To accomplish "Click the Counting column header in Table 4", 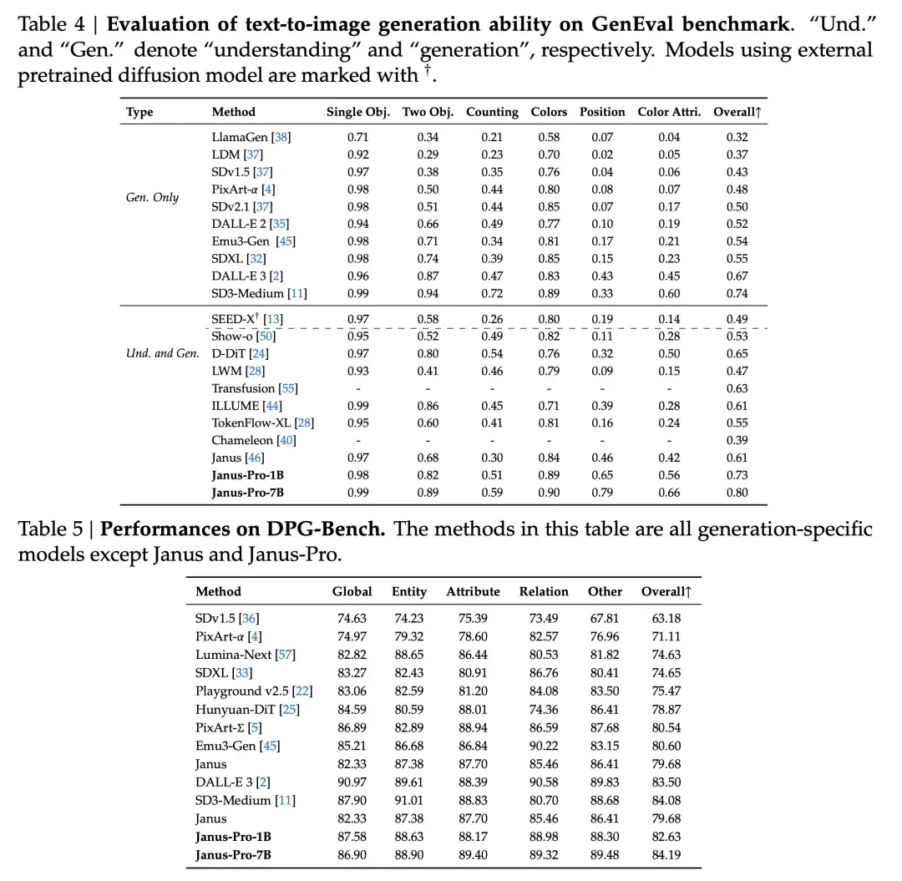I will point(492,112).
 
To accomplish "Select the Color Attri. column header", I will point(669,112).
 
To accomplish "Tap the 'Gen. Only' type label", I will point(152,198).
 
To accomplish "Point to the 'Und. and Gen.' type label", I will point(163,353).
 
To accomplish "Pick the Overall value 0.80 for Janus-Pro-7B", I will point(737,493).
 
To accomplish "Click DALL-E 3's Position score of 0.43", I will point(601,276).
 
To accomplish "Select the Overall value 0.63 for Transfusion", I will point(737,388).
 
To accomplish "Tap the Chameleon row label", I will point(242,440).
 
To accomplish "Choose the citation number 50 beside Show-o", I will point(267,337).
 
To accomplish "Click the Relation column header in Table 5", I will point(543,591).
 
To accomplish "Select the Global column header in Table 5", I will point(352,591).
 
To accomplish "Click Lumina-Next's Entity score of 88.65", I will point(408,656).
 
